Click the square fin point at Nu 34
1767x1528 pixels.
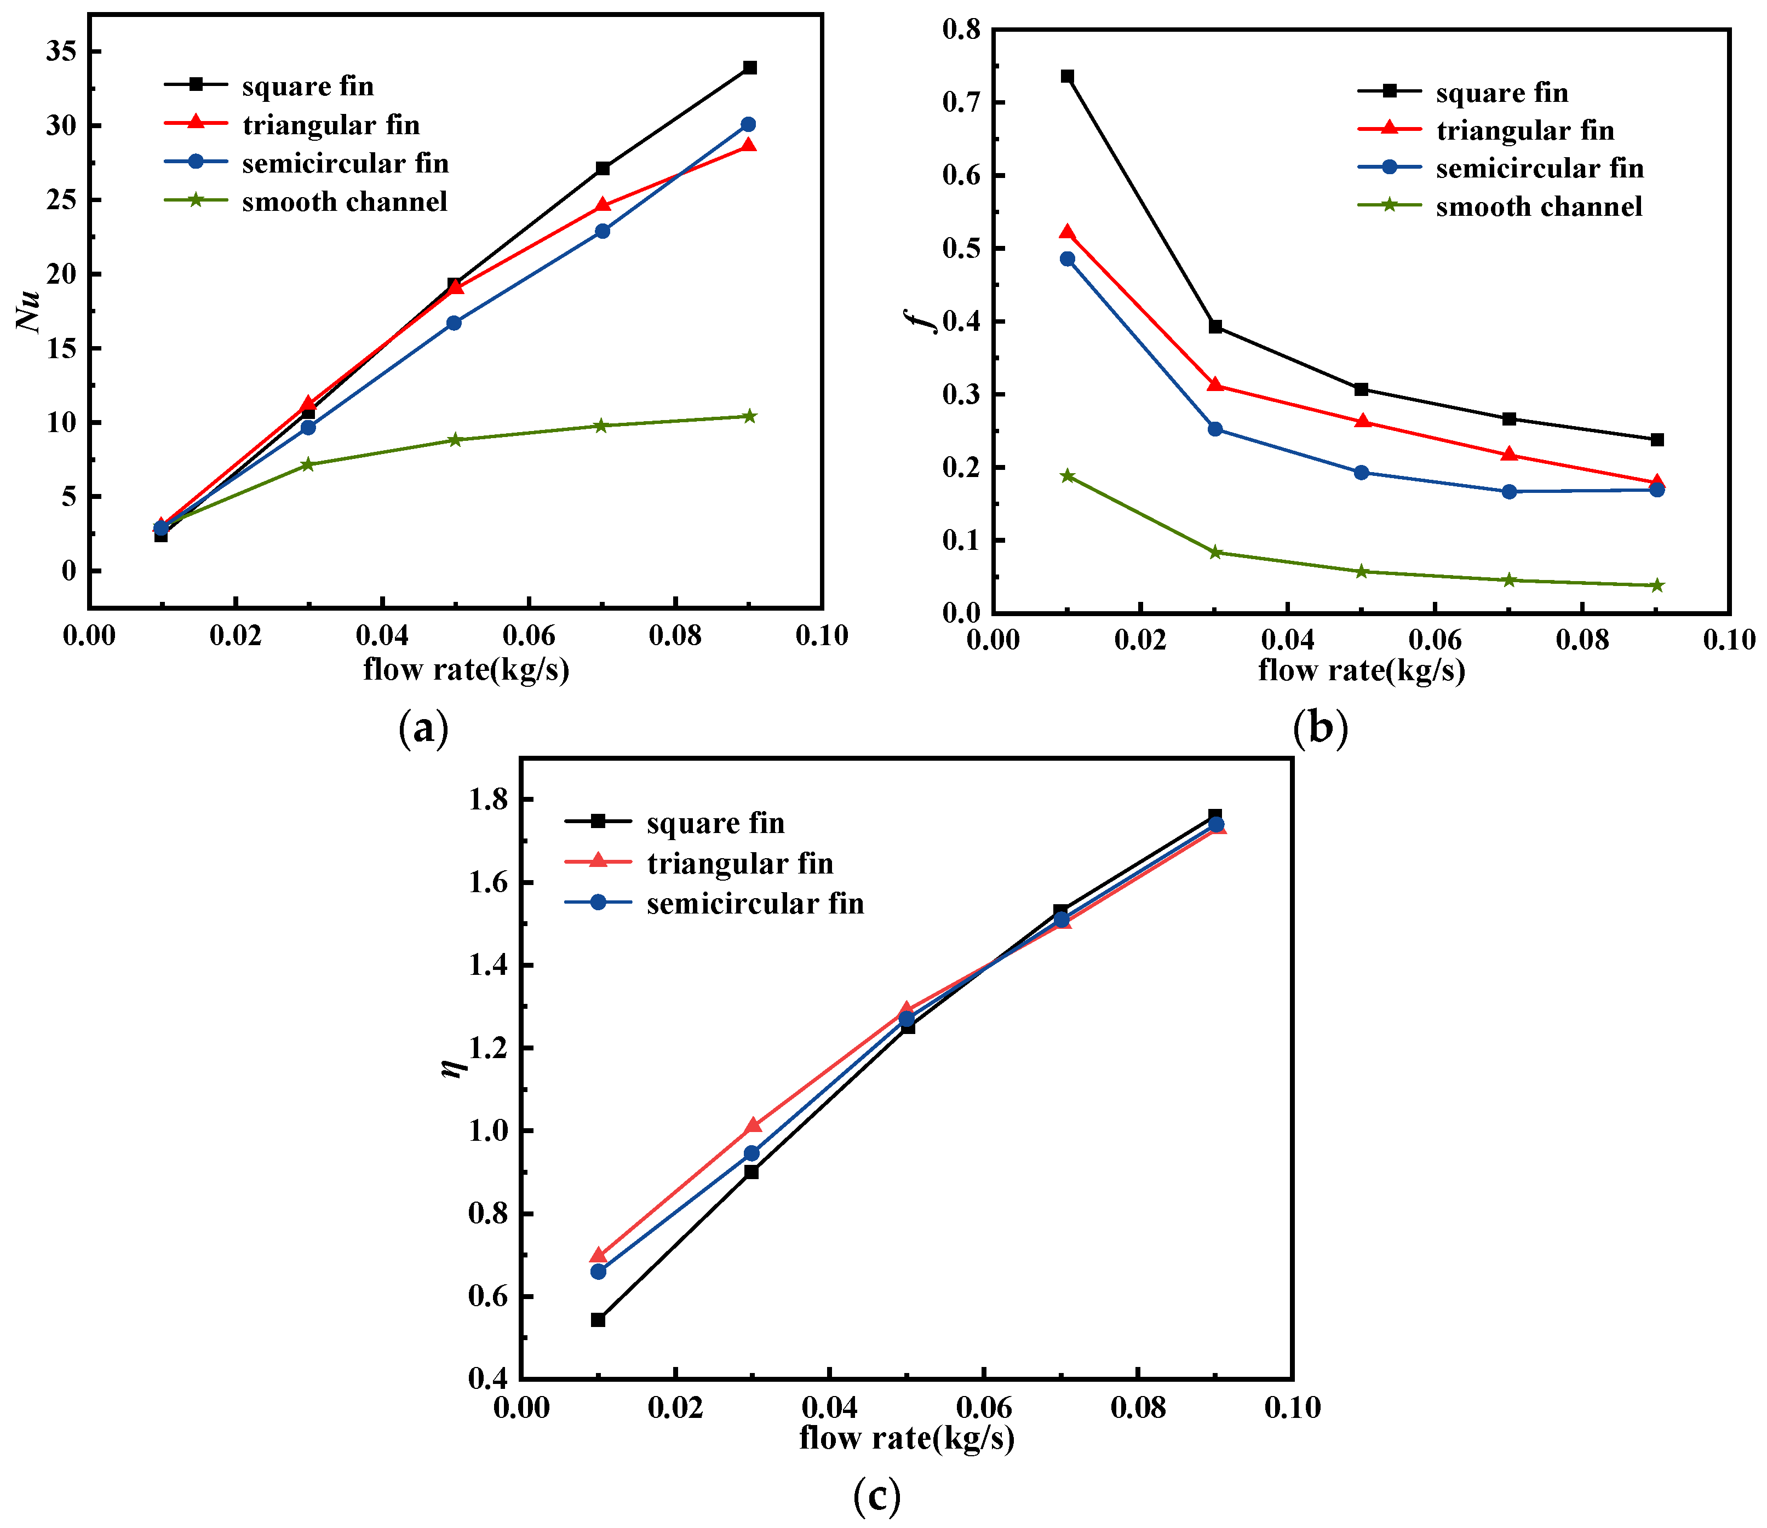750,67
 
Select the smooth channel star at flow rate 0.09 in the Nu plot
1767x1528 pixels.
750,416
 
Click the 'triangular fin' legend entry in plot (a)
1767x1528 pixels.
331,125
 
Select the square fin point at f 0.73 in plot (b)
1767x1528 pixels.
1067,77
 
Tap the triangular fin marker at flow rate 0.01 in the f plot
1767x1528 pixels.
1067,232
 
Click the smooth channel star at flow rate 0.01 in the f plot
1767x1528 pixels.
1067,476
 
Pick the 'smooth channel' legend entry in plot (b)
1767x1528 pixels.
1539,207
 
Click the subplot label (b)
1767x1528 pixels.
1320,728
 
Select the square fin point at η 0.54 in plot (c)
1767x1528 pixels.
598,1320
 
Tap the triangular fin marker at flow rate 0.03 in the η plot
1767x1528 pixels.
752,1125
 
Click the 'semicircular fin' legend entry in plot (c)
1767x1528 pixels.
755,904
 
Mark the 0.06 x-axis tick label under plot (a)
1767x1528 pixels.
528,636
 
